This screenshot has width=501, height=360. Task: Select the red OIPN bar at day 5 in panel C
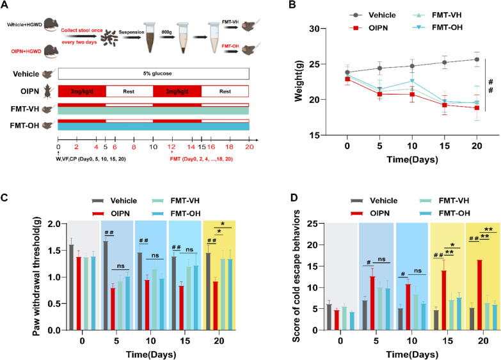113,305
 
